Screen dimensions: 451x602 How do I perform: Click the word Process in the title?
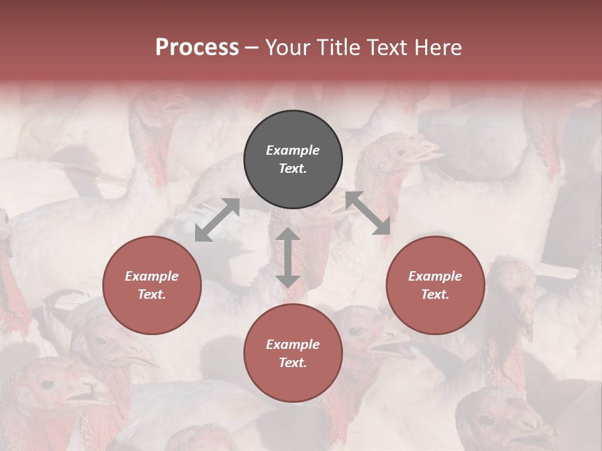(197, 48)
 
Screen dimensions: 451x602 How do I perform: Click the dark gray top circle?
(293, 159)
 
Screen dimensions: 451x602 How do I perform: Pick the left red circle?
(152, 285)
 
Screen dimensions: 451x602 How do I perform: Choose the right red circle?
(435, 285)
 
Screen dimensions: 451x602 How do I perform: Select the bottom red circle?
(293, 353)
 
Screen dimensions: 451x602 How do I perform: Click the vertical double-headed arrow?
(288, 257)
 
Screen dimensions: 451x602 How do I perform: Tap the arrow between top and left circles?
(217, 220)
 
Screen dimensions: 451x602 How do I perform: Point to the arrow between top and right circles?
(368, 213)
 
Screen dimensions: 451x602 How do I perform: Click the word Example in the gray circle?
(293, 150)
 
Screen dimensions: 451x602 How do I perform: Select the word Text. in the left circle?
(152, 294)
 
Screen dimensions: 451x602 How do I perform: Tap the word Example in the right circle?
(435, 276)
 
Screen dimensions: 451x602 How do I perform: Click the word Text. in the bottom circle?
(293, 363)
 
